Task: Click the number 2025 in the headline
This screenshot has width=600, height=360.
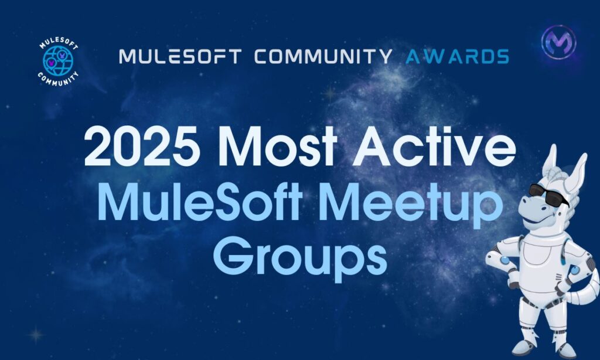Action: point(141,147)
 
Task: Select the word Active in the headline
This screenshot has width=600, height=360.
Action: point(434,147)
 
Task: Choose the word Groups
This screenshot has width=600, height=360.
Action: point(300,254)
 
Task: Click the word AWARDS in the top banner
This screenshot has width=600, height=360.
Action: point(457,56)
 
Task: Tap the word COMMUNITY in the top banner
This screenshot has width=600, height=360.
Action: point(323,56)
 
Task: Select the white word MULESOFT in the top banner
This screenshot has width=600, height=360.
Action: point(180,56)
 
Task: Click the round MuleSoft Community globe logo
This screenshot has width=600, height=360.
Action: point(58,62)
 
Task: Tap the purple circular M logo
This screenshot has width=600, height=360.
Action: point(558,42)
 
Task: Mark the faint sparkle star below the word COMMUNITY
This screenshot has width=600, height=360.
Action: point(330,93)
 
